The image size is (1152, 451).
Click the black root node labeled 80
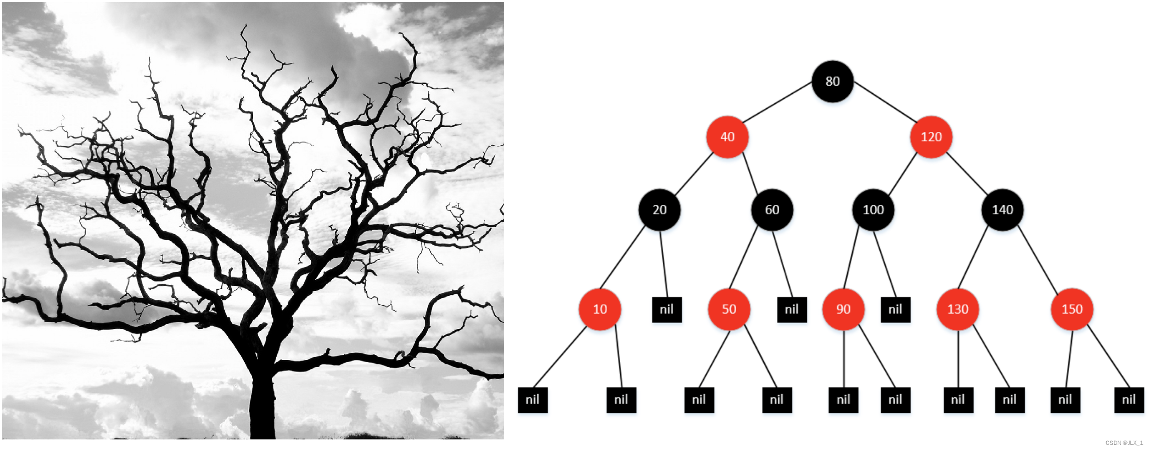[832, 81]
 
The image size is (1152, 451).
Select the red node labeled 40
[727, 137]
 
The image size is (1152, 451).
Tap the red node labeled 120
[931, 137]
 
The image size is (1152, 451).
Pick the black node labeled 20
[659, 210]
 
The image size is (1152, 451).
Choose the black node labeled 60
[772, 210]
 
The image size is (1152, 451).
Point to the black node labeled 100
[873, 210]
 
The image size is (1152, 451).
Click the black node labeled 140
[1002, 210]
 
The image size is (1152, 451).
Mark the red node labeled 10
[600, 309]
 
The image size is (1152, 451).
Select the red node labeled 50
[729, 309]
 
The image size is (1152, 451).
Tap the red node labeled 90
[843, 309]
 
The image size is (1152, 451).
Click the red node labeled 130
[958, 309]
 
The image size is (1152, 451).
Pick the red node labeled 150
[1072, 309]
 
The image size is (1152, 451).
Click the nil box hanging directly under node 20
[667, 310]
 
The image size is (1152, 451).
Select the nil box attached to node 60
[791, 310]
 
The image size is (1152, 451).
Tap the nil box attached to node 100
[895, 310]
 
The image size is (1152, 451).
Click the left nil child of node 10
[532, 400]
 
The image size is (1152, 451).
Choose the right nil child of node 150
[1129, 400]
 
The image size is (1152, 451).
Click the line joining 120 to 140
[967, 173]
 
